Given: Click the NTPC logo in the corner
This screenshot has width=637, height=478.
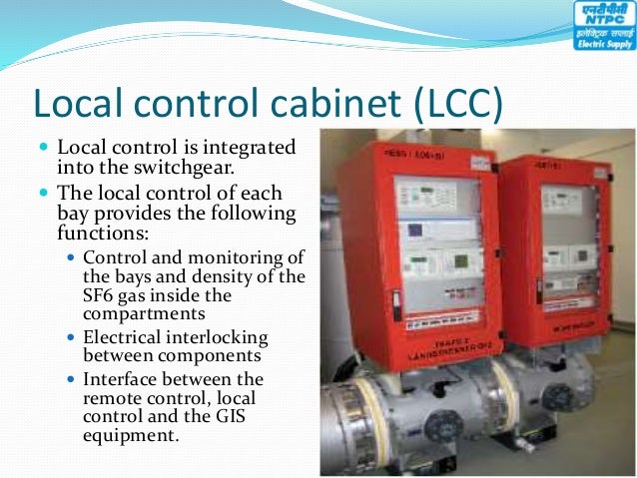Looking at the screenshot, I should [x=603, y=26].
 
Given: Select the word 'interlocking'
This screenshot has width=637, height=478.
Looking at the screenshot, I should [x=222, y=338].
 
